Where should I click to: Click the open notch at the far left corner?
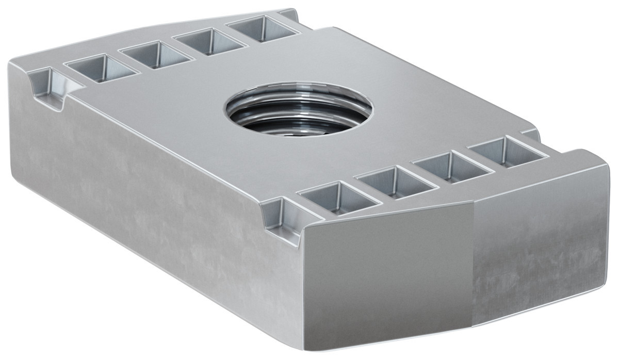(x=49, y=88)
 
